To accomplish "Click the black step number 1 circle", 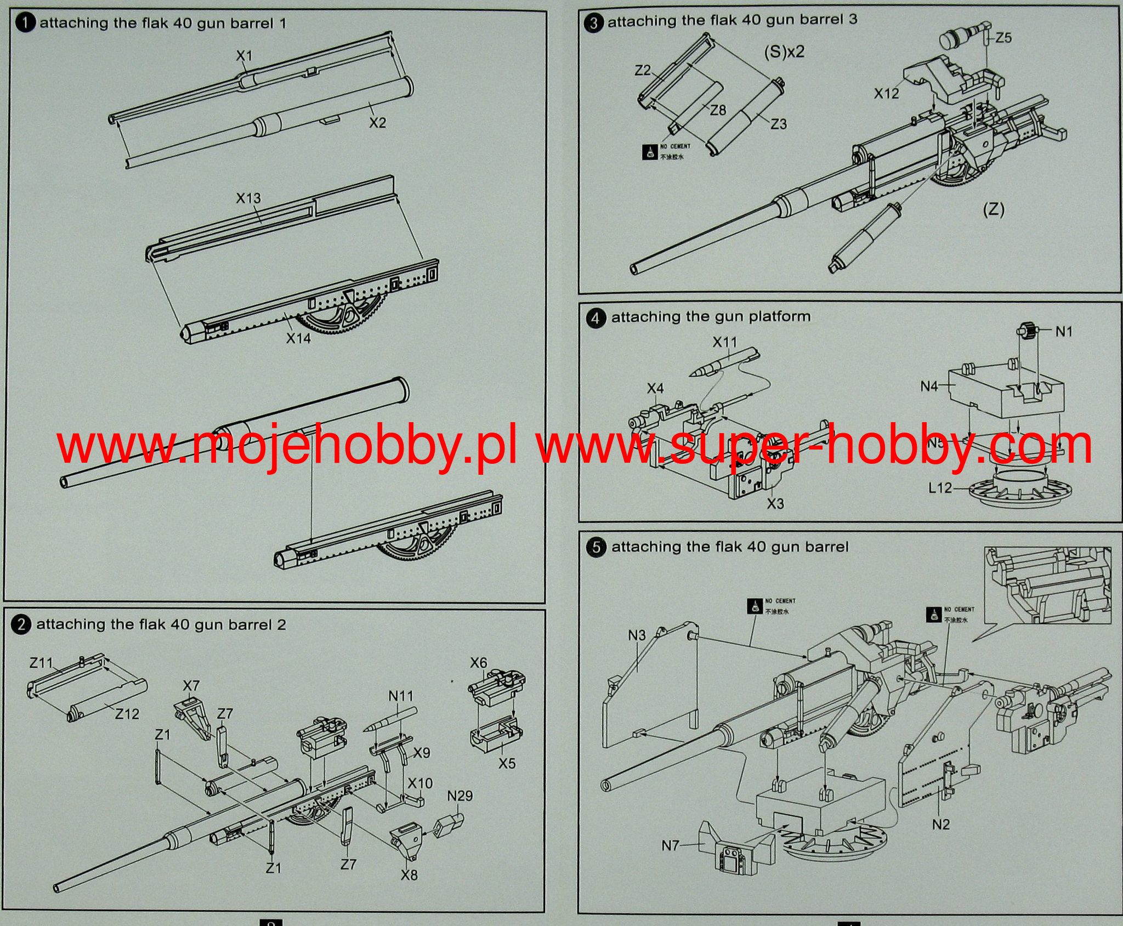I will click(x=26, y=23).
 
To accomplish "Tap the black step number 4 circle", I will click(x=596, y=317).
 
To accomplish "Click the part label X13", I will click(x=248, y=198).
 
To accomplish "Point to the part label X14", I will click(x=298, y=338).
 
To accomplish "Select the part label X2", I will click(x=377, y=123).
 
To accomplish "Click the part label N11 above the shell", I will click(x=401, y=696).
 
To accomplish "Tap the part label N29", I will click(x=460, y=796).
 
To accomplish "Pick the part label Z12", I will click(x=127, y=714).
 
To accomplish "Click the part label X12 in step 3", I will click(x=887, y=94).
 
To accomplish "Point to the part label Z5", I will click(x=1003, y=38).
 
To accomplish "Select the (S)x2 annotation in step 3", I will click(x=784, y=52).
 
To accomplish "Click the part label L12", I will click(x=940, y=487).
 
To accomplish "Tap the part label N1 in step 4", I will click(x=1064, y=331).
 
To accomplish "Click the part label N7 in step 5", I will click(x=670, y=845).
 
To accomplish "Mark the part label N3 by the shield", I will click(x=637, y=635).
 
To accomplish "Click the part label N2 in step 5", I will click(x=940, y=824).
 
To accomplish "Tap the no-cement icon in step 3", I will click(x=649, y=152).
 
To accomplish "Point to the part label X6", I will click(x=478, y=663).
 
